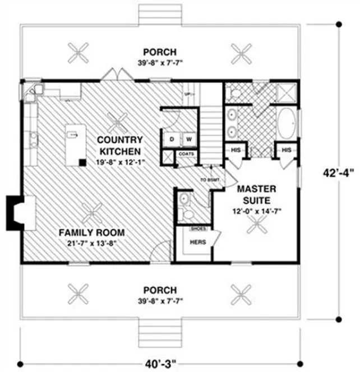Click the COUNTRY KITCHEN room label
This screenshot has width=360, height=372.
tap(121, 145)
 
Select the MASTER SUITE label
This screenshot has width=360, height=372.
tap(259, 194)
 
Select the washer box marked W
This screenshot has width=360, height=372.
tap(189, 138)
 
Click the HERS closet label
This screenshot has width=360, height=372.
tap(198, 242)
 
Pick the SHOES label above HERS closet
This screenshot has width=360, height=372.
tap(198, 229)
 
